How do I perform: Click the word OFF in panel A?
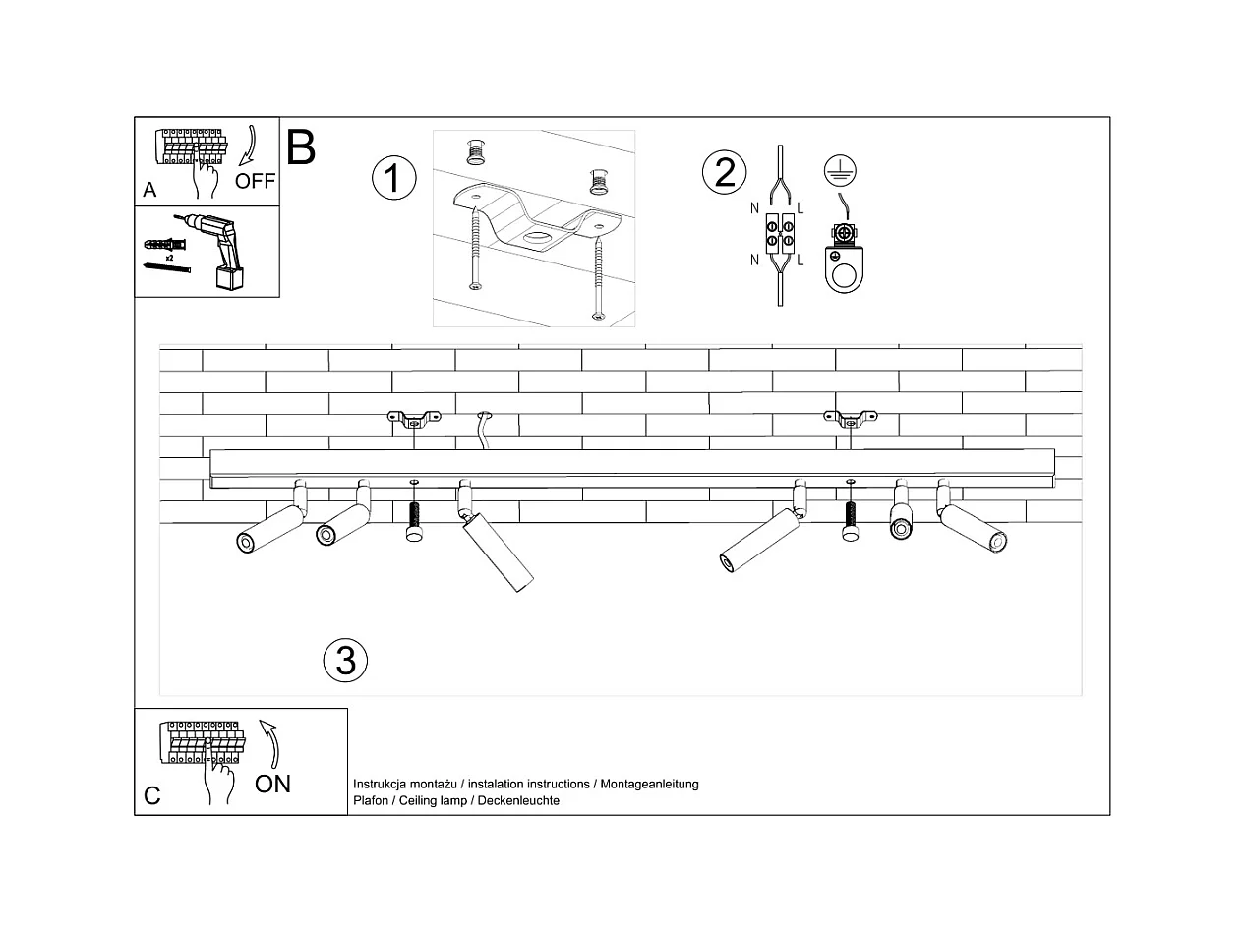(255, 181)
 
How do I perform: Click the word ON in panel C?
(272, 784)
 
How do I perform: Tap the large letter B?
(301, 147)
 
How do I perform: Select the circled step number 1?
(393, 179)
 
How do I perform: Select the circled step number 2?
(724, 172)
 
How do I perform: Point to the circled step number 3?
(345, 660)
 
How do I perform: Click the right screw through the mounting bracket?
(597, 271)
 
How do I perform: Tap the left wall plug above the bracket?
(477, 152)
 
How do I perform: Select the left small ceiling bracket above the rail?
(413, 421)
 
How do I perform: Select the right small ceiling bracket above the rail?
(849, 421)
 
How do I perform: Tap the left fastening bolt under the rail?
(414, 517)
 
